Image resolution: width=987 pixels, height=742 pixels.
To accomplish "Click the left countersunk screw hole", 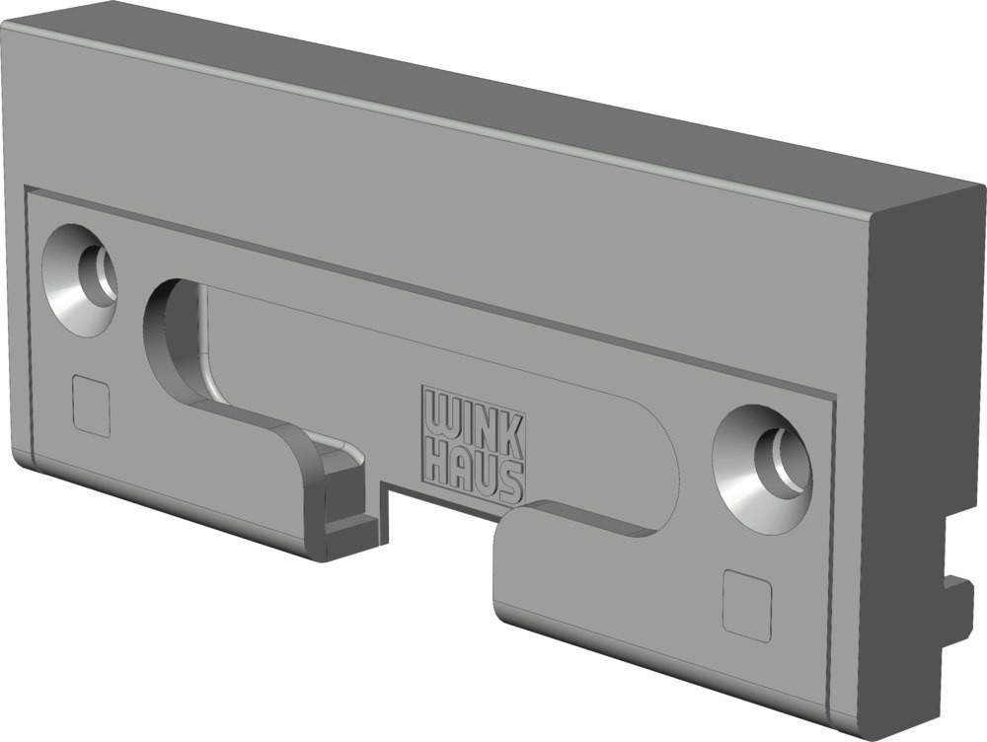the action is (x=81, y=279).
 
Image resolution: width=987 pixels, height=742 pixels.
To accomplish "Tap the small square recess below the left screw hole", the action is (x=92, y=405).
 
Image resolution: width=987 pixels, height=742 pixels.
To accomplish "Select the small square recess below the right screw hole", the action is (x=747, y=606).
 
